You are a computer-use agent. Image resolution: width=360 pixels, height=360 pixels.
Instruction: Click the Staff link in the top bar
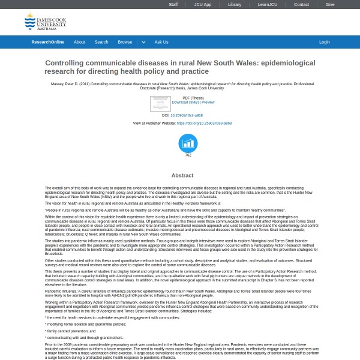173,4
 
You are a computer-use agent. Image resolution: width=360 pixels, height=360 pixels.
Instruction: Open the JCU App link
202,4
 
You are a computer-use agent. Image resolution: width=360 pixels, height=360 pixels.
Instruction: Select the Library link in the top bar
235,4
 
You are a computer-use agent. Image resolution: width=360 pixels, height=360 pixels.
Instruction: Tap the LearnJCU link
267,4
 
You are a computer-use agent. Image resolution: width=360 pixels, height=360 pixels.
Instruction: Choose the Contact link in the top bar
301,4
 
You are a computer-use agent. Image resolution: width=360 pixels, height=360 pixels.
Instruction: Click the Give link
330,4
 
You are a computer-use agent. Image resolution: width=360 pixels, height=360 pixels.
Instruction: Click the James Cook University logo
45,23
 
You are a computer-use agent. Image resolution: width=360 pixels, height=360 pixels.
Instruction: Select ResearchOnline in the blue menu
48,42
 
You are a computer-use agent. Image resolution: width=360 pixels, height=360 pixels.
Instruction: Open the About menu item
79,42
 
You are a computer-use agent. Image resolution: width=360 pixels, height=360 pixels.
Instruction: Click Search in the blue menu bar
101,42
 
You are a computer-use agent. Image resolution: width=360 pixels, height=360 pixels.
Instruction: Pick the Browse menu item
125,42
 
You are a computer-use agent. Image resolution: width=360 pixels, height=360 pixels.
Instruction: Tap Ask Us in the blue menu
161,42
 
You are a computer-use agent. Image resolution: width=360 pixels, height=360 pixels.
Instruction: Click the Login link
325,42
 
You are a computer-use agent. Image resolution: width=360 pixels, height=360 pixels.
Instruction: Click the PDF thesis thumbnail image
160,103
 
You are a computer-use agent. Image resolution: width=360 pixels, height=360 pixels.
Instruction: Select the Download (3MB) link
185,103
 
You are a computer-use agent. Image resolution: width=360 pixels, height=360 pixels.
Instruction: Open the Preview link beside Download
208,103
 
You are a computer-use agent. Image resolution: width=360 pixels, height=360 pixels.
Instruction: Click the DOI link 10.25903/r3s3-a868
187,115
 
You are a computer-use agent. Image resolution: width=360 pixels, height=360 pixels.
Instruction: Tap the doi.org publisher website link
204,123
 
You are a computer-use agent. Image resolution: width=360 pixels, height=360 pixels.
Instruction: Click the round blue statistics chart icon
188,143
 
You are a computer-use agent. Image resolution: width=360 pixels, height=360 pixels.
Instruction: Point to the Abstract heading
182,175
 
